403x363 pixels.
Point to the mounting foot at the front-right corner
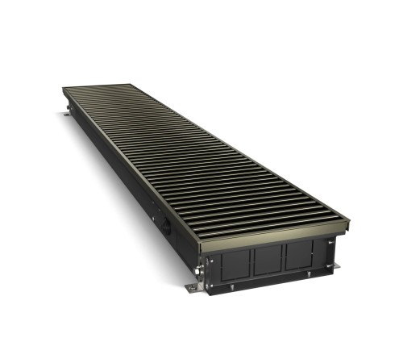tap(335, 265)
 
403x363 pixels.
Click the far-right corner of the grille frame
tap(129, 82)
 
